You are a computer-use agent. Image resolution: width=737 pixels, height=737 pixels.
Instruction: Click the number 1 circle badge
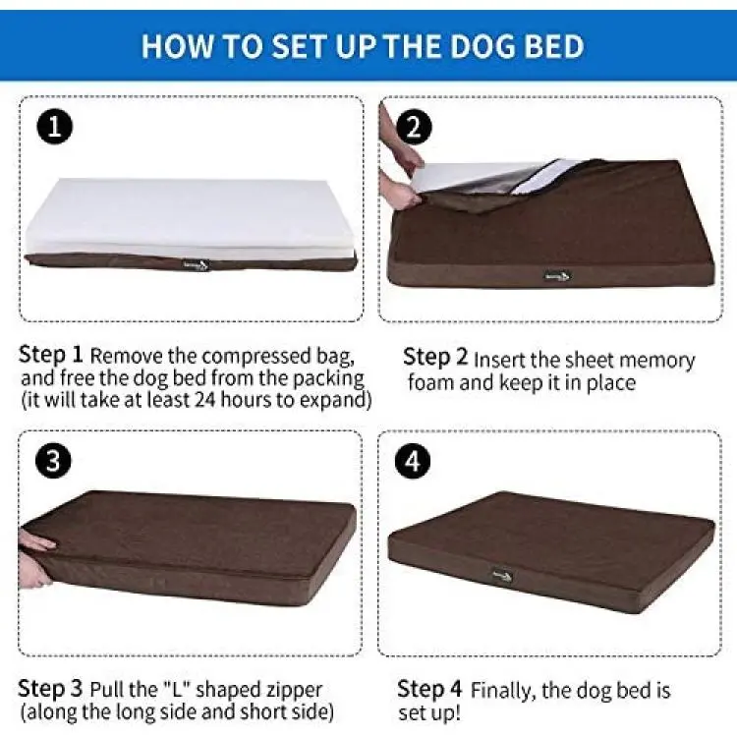click(54, 127)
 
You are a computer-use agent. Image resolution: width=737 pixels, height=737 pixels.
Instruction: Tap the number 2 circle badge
click(414, 128)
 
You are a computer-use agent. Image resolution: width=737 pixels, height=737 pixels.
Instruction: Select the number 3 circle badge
click(54, 460)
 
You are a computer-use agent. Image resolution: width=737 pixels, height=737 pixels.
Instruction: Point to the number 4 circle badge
click(413, 461)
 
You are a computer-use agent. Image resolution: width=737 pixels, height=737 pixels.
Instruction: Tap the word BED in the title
click(554, 46)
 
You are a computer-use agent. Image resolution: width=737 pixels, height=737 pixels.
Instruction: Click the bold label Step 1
click(51, 355)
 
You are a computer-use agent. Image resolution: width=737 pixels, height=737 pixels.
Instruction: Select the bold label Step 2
click(435, 358)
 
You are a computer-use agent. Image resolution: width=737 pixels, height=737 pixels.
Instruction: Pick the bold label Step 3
click(50, 689)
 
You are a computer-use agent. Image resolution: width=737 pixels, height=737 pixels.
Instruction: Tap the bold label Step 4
click(429, 690)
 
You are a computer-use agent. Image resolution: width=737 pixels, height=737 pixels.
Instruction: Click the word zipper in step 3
click(295, 691)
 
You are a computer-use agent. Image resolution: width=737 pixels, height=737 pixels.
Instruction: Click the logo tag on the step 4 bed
click(502, 575)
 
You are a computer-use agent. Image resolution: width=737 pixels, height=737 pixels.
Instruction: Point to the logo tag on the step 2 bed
click(558, 276)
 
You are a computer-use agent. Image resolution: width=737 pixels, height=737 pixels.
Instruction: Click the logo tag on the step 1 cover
click(197, 265)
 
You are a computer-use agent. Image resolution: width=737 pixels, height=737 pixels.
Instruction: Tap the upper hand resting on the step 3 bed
click(36, 542)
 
